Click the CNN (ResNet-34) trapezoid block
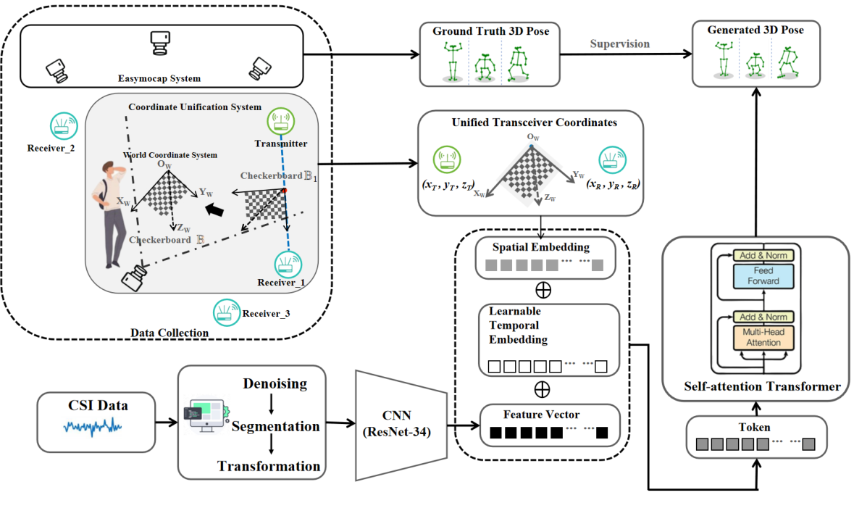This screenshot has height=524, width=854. click(x=400, y=424)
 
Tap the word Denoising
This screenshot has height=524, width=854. click(x=275, y=383)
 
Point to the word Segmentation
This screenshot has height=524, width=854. click(x=275, y=426)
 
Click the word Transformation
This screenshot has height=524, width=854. click(x=269, y=466)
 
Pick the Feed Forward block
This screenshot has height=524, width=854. click(x=763, y=276)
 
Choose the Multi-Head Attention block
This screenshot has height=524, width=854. click(x=763, y=337)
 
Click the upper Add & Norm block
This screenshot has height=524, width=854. click(x=763, y=255)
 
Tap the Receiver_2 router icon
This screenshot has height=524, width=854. click(x=63, y=126)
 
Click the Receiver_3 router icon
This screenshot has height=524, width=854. click(x=225, y=312)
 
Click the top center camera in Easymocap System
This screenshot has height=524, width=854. click(x=159, y=43)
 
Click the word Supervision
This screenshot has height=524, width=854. click(x=619, y=44)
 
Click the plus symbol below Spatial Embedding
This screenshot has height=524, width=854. click(x=542, y=291)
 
